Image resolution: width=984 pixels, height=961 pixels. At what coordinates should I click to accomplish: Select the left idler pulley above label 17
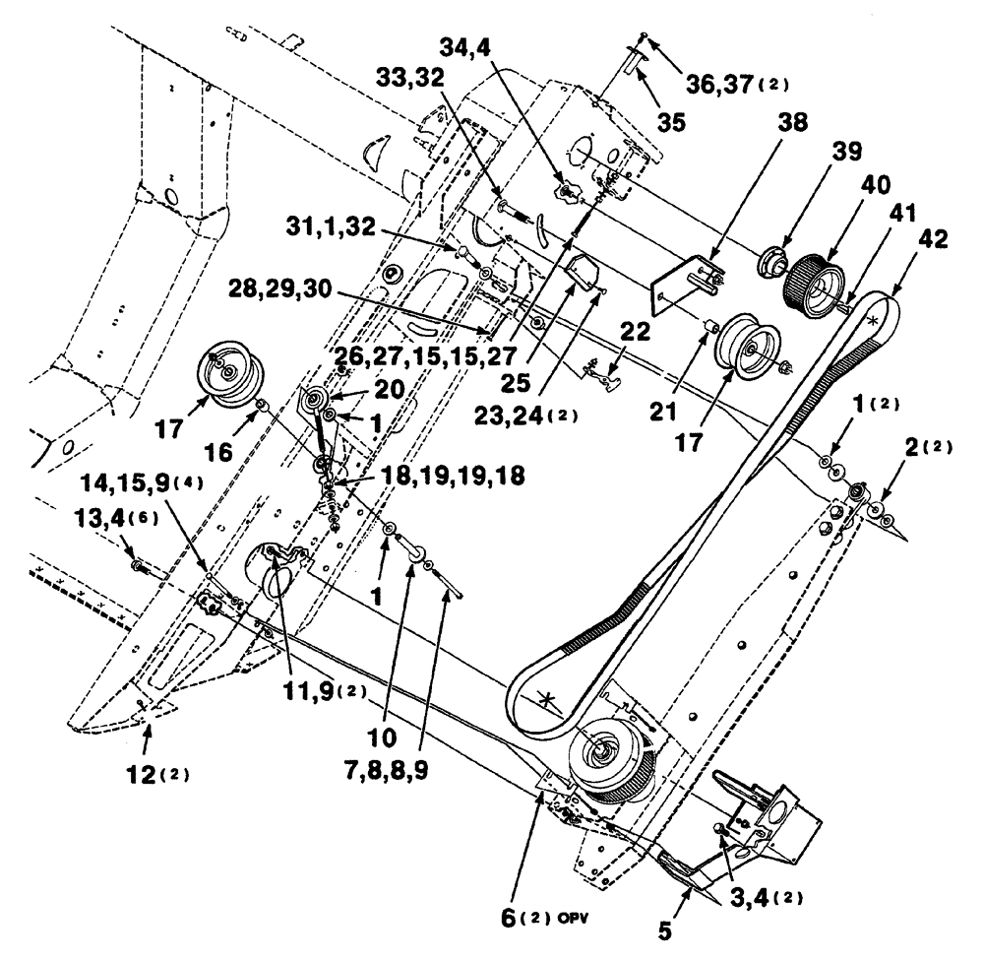tap(225, 371)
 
